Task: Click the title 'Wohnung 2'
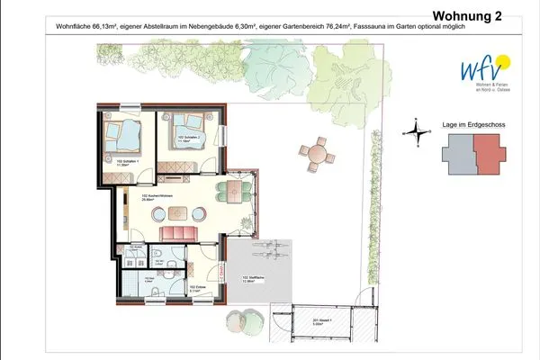pyautogui.click(x=468, y=15)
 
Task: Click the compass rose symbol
pyautogui.click(x=416, y=132)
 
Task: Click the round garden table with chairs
pyautogui.click(x=318, y=153)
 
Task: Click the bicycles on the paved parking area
pyautogui.click(x=270, y=248)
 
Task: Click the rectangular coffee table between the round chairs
pyautogui.click(x=176, y=213)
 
